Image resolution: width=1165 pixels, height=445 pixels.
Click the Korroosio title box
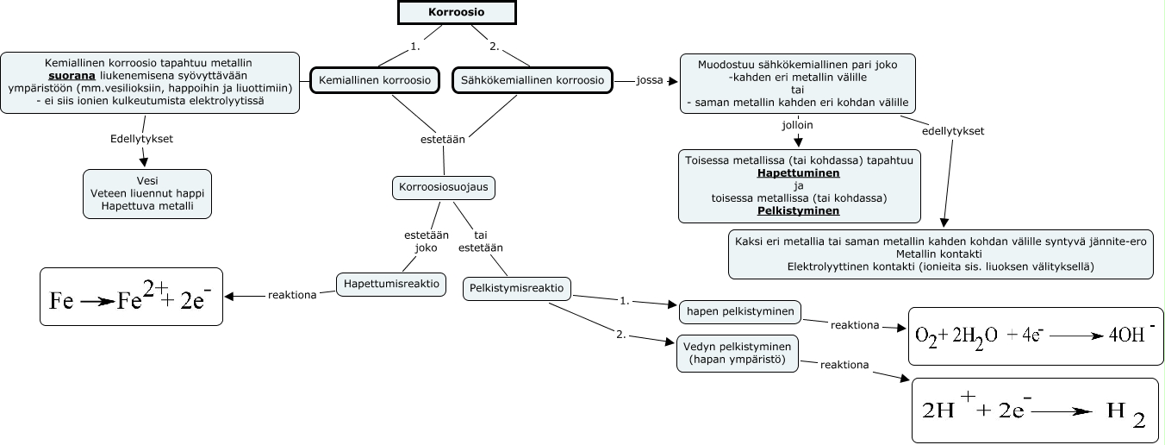457,12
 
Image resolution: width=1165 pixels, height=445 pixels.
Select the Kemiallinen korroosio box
375,80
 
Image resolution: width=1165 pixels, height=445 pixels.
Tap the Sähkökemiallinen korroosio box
533,80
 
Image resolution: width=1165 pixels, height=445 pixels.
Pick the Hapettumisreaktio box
391,283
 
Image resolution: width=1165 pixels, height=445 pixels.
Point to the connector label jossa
649,81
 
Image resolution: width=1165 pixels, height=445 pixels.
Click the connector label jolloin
797,124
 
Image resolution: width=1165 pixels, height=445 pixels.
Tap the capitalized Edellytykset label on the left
142,138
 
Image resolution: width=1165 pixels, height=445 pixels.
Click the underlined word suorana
72,75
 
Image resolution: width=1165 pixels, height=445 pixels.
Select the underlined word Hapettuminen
799,173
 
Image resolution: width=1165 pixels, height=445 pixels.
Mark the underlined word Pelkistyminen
798,210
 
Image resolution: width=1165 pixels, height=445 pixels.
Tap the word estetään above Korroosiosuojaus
444,138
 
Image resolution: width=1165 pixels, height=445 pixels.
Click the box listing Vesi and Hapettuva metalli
147,193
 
